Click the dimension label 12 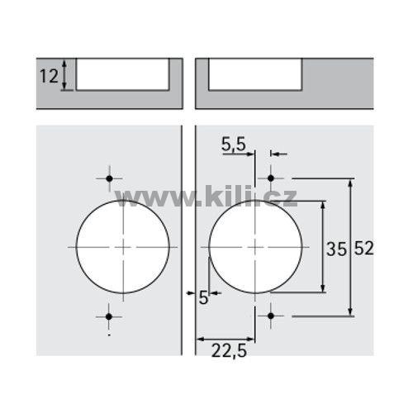(x=50, y=76)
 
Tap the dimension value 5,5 (x=234, y=145)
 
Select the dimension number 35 (x=336, y=249)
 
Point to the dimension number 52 (x=363, y=248)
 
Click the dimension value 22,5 (x=229, y=351)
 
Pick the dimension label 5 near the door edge (x=203, y=297)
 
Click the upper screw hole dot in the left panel (x=109, y=178)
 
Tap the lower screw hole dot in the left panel (x=109, y=316)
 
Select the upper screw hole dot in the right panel (x=271, y=178)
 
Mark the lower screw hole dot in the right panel (x=271, y=316)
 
